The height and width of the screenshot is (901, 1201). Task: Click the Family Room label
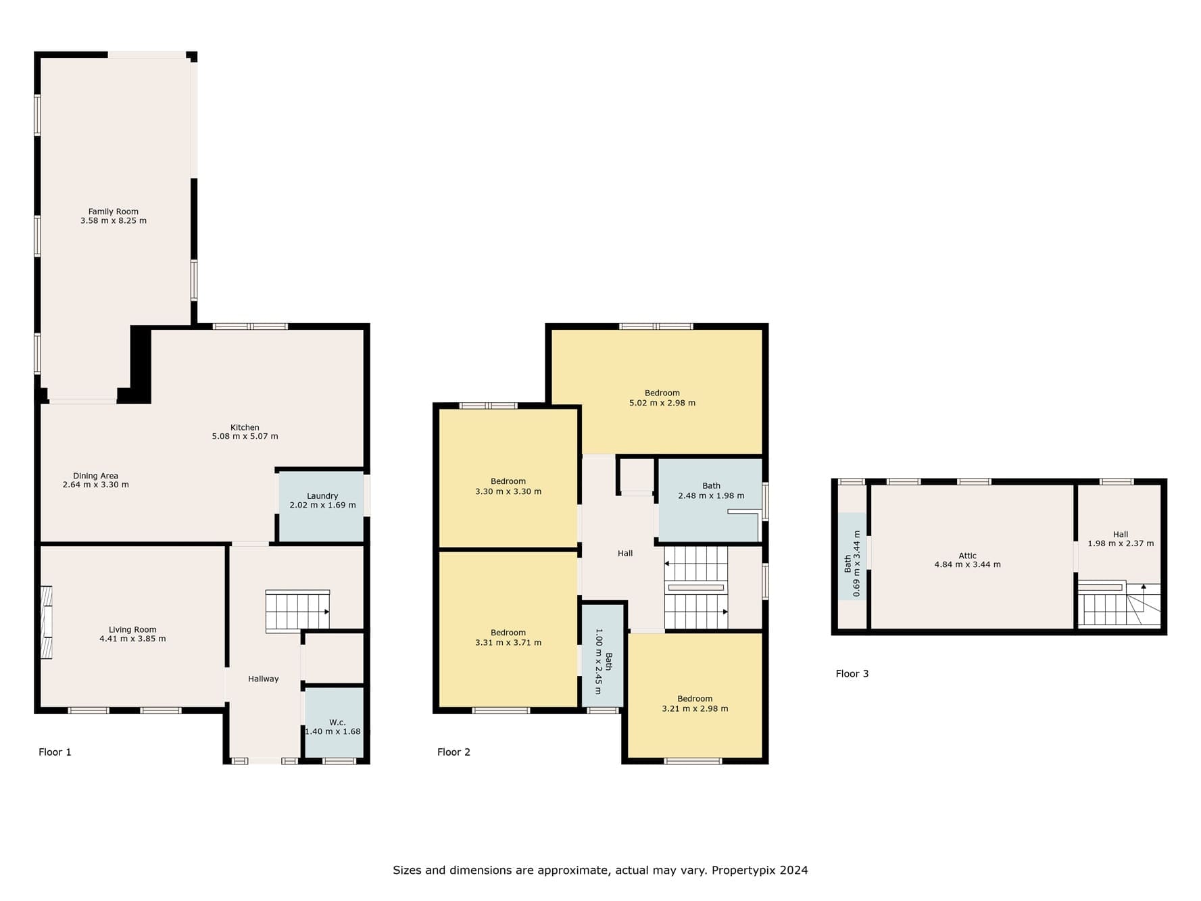pyautogui.click(x=114, y=212)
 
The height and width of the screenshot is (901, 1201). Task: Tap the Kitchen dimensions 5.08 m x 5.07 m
pyautogui.click(x=245, y=437)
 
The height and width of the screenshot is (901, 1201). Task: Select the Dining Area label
pyautogui.click(x=95, y=476)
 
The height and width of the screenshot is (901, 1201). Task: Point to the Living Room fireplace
pyautogui.click(x=46, y=623)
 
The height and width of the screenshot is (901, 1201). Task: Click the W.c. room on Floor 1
pyautogui.click(x=334, y=723)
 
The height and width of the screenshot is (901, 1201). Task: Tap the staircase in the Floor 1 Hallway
pyautogui.click(x=297, y=612)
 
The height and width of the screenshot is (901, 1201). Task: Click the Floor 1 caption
pyautogui.click(x=55, y=752)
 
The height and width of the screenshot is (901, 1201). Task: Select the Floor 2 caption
pyautogui.click(x=454, y=752)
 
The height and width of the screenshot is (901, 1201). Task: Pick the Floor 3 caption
pyautogui.click(x=852, y=674)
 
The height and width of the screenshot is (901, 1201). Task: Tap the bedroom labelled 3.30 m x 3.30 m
pyautogui.click(x=508, y=478)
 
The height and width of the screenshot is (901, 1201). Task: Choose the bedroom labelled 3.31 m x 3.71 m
pyautogui.click(x=508, y=629)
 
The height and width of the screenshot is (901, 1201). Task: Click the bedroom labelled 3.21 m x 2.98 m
pyautogui.click(x=695, y=696)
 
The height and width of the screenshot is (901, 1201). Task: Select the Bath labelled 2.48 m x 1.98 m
pyautogui.click(x=710, y=500)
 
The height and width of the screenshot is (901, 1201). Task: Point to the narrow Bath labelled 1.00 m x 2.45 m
pyautogui.click(x=603, y=656)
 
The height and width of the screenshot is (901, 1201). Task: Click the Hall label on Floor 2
pyautogui.click(x=625, y=554)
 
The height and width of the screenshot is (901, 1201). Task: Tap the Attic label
pyautogui.click(x=968, y=556)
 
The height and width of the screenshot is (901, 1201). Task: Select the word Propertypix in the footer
pyautogui.click(x=744, y=871)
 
